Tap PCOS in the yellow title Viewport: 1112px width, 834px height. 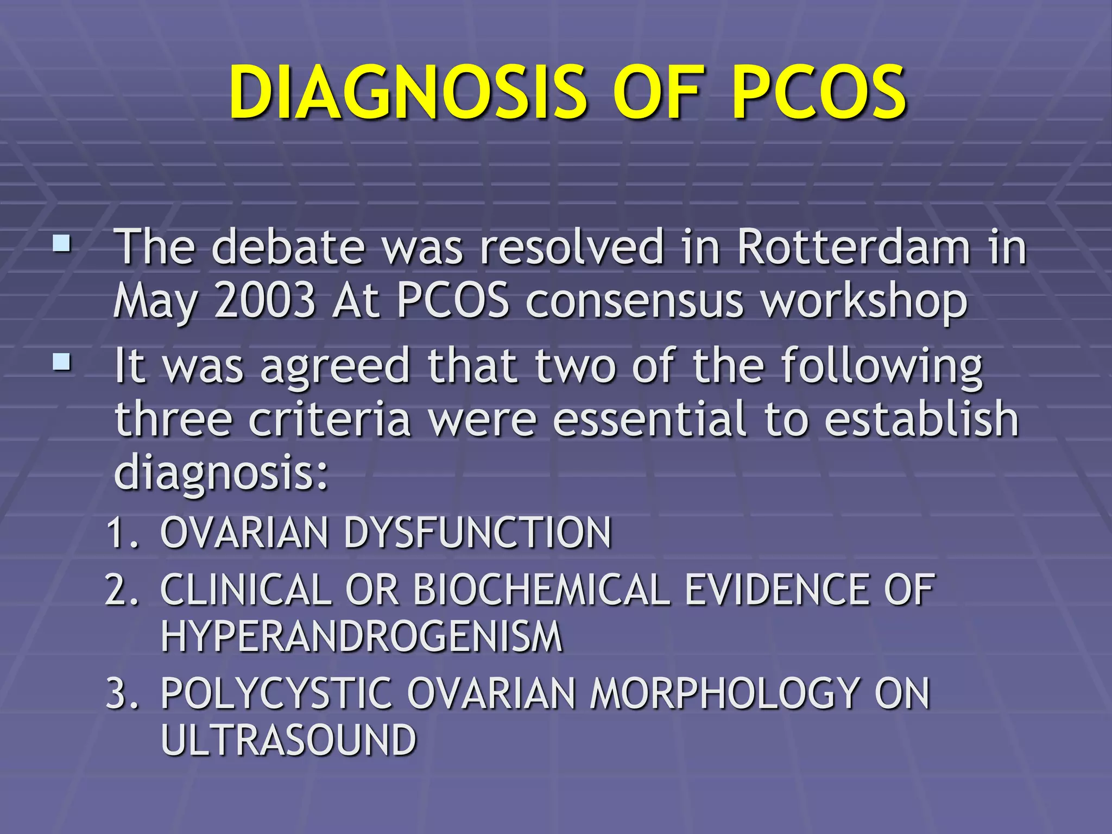coord(818,92)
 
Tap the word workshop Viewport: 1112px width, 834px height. coord(864,302)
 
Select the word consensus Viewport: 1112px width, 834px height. coord(634,302)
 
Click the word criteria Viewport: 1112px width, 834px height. coord(330,419)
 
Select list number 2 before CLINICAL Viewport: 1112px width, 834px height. coord(122,590)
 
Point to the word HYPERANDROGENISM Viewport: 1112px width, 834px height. coord(362,636)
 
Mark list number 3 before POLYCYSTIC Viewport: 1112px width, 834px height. coord(122,693)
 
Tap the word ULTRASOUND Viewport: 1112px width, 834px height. coord(288,740)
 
